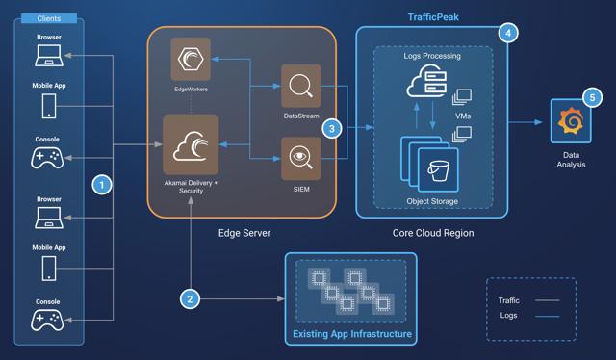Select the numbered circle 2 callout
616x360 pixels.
(191, 298)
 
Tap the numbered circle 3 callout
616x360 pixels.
(332, 127)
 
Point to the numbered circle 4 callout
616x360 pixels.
(507, 32)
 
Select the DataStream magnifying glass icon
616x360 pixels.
(300, 87)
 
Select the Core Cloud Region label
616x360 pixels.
(431, 234)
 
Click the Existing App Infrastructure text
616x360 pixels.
(351, 334)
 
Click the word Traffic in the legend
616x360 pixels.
(508, 300)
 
